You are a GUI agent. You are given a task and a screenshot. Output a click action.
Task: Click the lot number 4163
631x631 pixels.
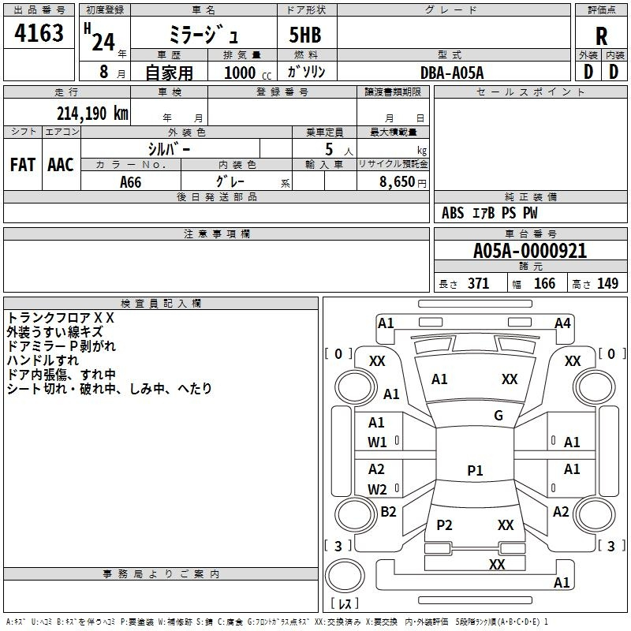pyautogui.click(x=39, y=33)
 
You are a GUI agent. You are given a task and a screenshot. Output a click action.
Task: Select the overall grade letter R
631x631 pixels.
pyautogui.click(x=601, y=36)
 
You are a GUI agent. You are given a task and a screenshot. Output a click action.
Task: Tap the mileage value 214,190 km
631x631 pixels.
pyautogui.click(x=92, y=114)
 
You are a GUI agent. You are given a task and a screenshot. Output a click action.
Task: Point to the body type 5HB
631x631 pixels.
pyautogui.click(x=305, y=35)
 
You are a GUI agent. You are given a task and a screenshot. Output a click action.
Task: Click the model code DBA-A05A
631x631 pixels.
pyautogui.click(x=452, y=73)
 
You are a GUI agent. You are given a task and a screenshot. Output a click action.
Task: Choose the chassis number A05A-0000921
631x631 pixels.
pyautogui.click(x=530, y=251)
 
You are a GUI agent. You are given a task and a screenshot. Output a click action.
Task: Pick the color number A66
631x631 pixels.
pyautogui.click(x=130, y=182)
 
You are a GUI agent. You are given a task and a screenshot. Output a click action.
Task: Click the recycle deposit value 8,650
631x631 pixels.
pyautogui.click(x=397, y=181)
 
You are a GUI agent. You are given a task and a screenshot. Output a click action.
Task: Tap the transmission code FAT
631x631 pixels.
pyautogui.click(x=23, y=165)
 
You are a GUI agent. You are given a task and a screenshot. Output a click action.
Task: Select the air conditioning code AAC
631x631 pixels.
pyautogui.click(x=61, y=165)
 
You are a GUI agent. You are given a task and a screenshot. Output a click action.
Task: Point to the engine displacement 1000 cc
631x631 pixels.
pyautogui.click(x=248, y=73)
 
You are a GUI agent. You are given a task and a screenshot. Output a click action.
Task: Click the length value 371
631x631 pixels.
pyautogui.click(x=478, y=283)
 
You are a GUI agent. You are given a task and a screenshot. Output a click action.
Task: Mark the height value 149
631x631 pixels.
pyautogui.click(x=607, y=283)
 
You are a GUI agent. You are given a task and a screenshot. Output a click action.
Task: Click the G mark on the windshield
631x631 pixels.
pyautogui.click(x=498, y=416)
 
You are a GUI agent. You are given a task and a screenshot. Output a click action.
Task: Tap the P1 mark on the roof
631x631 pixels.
pyautogui.click(x=475, y=470)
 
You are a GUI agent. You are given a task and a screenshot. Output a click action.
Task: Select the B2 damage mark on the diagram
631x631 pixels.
pyautogui.click(x=388, y=511)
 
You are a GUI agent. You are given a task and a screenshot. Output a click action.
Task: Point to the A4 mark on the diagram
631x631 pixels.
pyautogui.click(x=562, y=323)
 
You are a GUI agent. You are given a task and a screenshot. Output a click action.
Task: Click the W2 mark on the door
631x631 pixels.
pyautogui.click(x=377, y=489)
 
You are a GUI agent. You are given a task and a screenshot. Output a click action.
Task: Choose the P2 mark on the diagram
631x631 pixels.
pyautogui.click(x=444, y=525)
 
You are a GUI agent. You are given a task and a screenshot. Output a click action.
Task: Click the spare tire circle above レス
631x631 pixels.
pyautogui.click(x=345, y=576)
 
